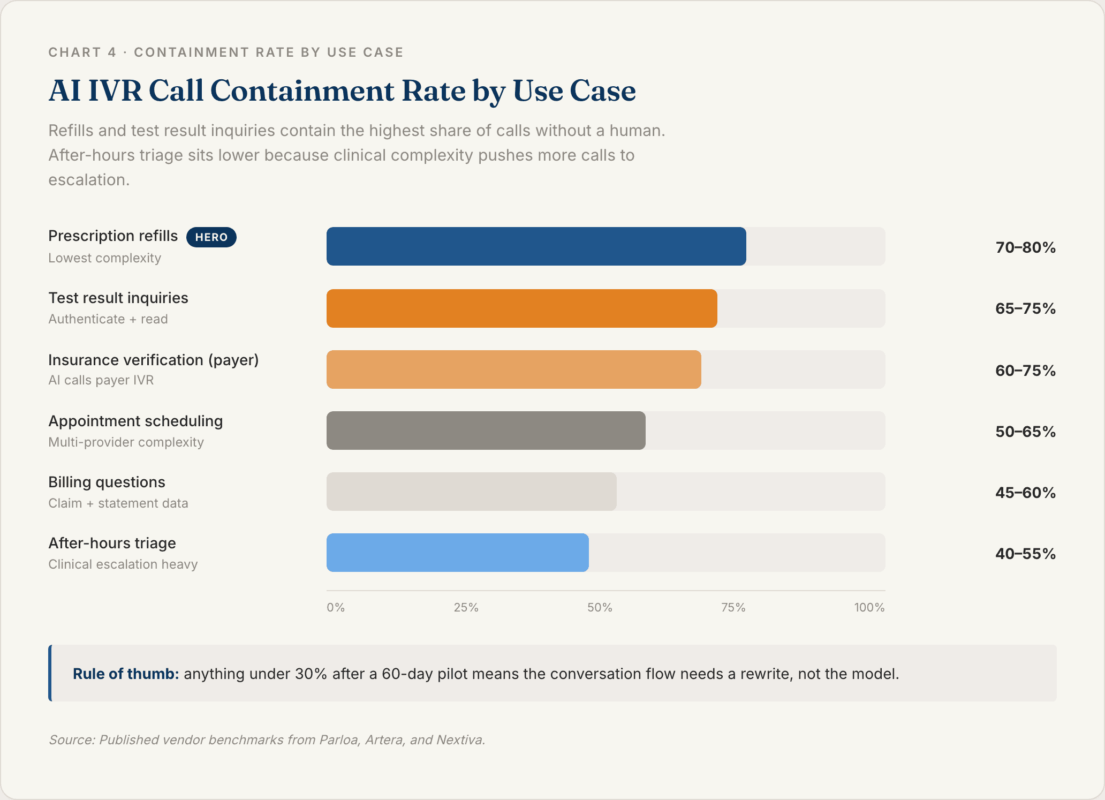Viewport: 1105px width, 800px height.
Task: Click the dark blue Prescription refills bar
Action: click(535, 246)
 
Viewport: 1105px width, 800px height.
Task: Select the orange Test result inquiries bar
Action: click(521, 308)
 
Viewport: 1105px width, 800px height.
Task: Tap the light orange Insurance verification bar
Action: click(513, 369)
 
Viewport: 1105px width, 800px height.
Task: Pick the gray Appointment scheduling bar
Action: click(486, 431)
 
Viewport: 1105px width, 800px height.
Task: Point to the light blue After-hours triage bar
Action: click(457, 553)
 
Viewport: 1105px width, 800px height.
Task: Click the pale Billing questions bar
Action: click(471, 492)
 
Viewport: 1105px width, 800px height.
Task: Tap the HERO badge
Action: click(211, 237)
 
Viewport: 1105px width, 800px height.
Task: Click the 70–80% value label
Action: click(1025, 247)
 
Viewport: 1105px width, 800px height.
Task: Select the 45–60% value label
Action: click(1025, 493)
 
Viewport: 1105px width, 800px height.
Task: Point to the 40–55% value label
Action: click(1025, 554)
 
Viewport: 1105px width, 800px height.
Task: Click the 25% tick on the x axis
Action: click(466, 608)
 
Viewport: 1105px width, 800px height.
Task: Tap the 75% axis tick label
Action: click(733, 608)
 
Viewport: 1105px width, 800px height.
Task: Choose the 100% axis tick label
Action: click(869, 608)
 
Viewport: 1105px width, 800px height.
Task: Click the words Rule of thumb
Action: click(125, 674)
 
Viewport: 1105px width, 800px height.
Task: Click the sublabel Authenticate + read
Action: click(108, 319)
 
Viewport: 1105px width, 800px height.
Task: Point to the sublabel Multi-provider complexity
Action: click(126, 442)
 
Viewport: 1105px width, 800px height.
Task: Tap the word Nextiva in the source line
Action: click(460, 740)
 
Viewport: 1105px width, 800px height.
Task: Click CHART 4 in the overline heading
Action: click(82, 52)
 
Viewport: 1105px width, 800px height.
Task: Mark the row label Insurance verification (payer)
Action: click(153, 360)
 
